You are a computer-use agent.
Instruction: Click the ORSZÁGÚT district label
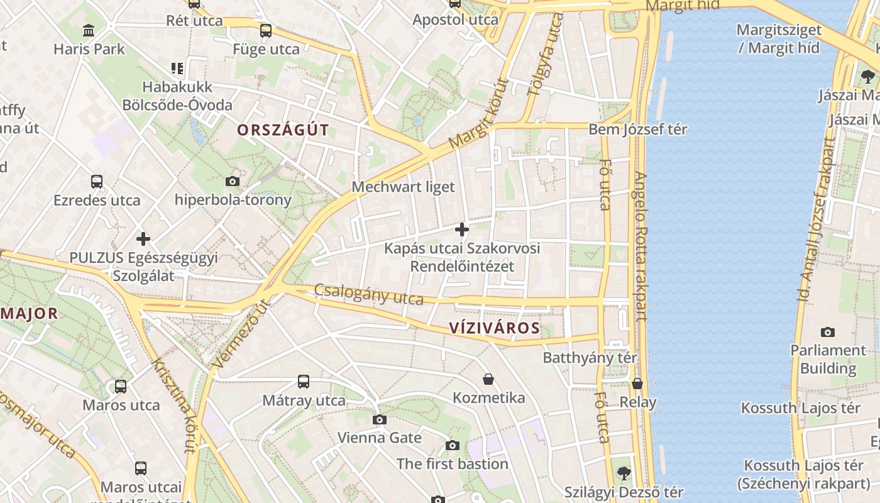[283, 130]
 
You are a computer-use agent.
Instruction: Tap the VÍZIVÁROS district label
[495, 328]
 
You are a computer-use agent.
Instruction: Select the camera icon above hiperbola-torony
[233, 182]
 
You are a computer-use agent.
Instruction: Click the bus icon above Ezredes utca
[97, 182]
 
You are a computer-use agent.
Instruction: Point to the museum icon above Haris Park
[89, 30]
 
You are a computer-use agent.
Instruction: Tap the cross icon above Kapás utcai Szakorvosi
[462, 229]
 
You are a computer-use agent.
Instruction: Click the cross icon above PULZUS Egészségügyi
[143, 239]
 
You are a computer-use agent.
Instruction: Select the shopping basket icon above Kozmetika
[488, 379]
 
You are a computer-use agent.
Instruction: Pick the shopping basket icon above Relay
[637, 384]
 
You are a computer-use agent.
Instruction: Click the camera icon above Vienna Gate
[379, 419]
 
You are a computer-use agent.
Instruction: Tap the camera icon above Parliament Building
[828, 332]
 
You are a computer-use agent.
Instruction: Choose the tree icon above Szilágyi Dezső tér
[624, 473]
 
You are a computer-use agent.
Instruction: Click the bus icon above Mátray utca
[304, 382]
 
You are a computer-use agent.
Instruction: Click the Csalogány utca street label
[369, 294]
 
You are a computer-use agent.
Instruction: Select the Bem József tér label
[637, 130]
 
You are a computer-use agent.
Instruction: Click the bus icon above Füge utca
[266, 30]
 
